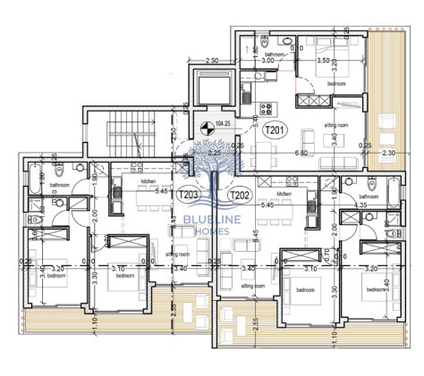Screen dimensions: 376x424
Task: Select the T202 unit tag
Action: (240, 194)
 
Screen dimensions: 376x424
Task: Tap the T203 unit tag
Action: (189, 194)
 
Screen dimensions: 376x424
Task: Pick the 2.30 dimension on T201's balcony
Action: (391, 154)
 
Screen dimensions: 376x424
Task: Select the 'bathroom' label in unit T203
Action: (60, 186)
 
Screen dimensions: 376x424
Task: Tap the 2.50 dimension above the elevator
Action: (212, 61)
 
